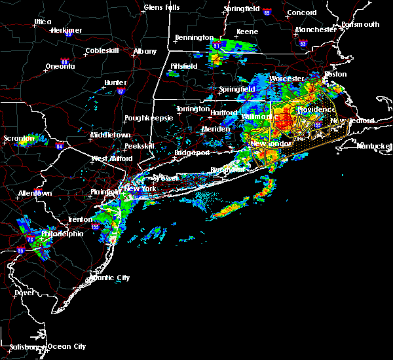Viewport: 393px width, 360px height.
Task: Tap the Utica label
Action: point(43,22)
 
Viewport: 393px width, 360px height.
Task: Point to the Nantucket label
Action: point(374,145)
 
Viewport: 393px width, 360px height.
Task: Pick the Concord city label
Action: point(302,12)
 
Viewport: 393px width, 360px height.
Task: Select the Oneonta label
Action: point(62,67)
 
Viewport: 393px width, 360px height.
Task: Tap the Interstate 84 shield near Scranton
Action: point(59,146)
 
